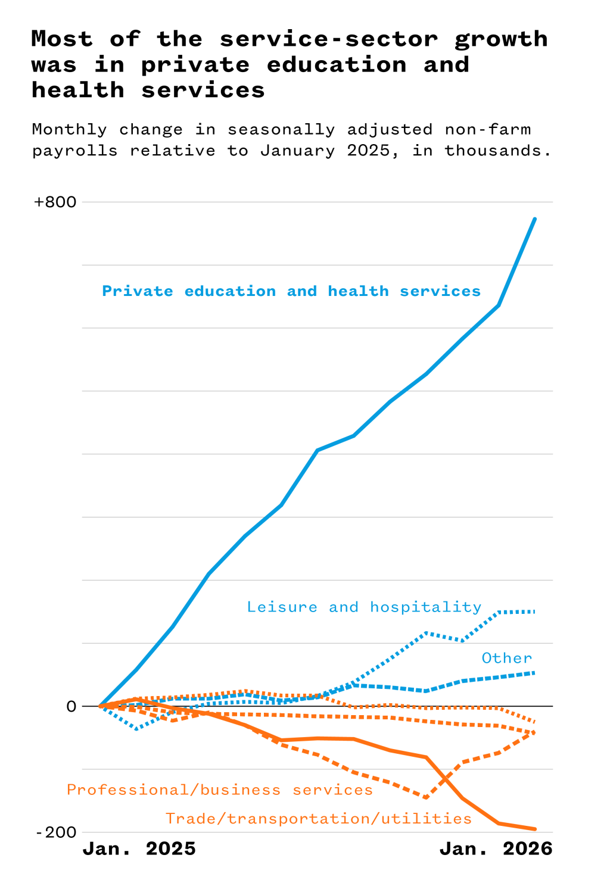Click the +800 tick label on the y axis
pos(55,202)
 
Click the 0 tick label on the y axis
pos(71,706)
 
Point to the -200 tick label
pos(56,832)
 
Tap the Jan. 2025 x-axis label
pos(139,848)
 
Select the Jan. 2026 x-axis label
pos(496,848)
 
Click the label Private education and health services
pos(291,291)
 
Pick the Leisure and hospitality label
pos(364,607)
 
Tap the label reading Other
pos(506,658)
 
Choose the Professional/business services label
pos(219,790)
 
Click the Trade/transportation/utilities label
pos(319,819)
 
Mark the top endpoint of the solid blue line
pos(534,219)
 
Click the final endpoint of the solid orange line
pos(534,829)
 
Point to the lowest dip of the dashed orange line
pos(426,797)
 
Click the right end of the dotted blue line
pos(534,612)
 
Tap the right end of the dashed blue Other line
pos(534,673)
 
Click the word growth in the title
pos(501,39)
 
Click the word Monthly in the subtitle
pos(69,130)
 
